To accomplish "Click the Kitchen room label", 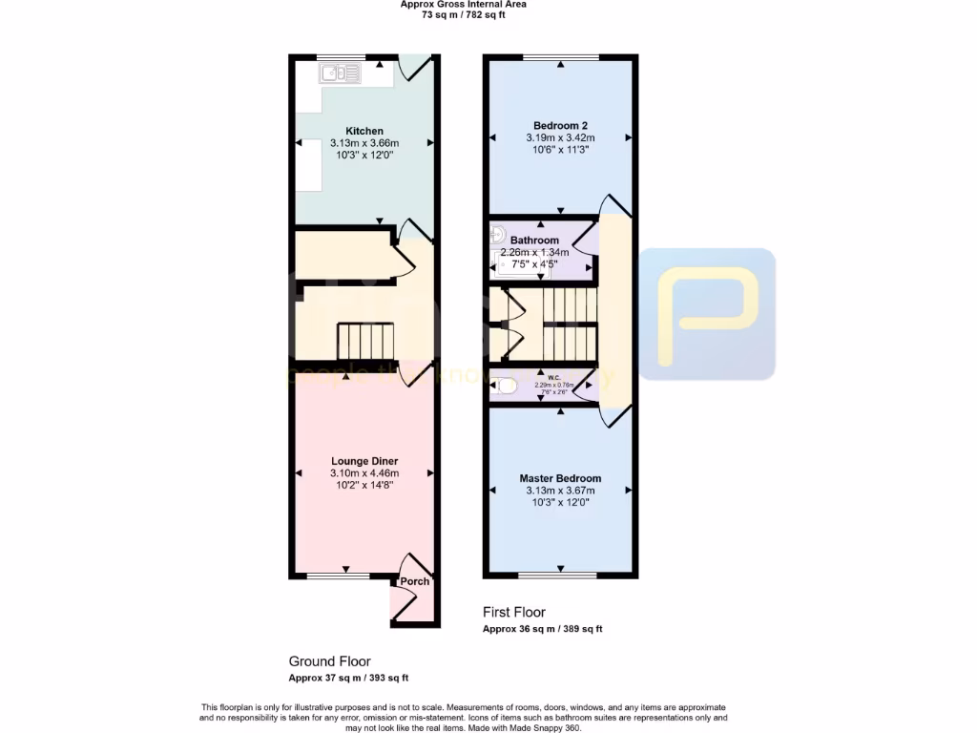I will (364, 131).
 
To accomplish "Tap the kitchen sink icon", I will (341, 73).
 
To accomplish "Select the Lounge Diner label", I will (364, 461).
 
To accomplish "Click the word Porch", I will (414, 581).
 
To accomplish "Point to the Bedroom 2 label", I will (560, 125).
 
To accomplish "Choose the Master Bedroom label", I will (560, 478).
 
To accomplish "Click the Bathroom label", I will (534, 241).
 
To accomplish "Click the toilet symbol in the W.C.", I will (507, 387).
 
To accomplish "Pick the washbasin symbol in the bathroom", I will (497, 232).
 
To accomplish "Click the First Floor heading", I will (514, 612).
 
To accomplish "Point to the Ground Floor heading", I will (329, 660).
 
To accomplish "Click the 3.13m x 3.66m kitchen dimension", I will (364, 143).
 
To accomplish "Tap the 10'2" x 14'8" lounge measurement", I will (364, 485).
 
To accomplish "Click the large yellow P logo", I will (707, 314).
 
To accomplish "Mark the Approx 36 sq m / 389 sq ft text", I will (542, 629).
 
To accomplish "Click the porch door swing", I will (405, 602).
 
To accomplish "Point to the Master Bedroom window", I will (559, 576).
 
